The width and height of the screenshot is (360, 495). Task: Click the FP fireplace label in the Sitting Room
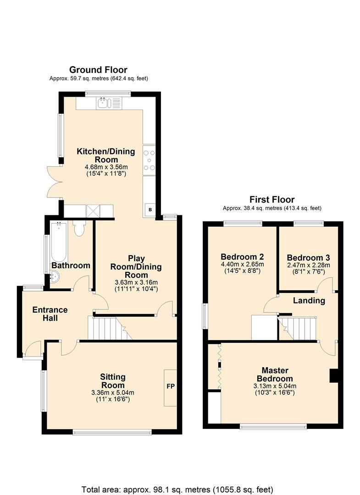click(171, 386)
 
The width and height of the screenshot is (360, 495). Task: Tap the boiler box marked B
click(150, 209)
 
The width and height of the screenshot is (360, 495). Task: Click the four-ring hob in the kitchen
click(149, 160)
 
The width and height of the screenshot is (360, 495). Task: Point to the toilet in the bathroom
click(78, 228)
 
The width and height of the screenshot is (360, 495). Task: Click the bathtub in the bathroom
click(59, 242)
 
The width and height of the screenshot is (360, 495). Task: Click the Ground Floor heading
click(98, 70)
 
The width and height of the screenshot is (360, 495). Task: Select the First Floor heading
click(272, 199)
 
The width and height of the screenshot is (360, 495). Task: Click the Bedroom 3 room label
click(308, 258)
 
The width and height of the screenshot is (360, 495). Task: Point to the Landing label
click(309, 301)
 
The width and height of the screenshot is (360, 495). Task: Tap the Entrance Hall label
click(50, 314)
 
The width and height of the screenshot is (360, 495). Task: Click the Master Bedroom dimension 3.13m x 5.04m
click(275, 386)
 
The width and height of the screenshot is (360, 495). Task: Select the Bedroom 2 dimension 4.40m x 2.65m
click(242, 264)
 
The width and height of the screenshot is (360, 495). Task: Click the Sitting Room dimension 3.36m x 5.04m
click(113, 393)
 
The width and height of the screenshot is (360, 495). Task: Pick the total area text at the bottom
click(177, 489)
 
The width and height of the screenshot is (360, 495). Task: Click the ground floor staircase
click(110, 328)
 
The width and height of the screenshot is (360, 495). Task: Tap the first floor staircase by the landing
click(297, 329)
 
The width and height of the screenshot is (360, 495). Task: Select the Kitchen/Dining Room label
click(106, 155)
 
